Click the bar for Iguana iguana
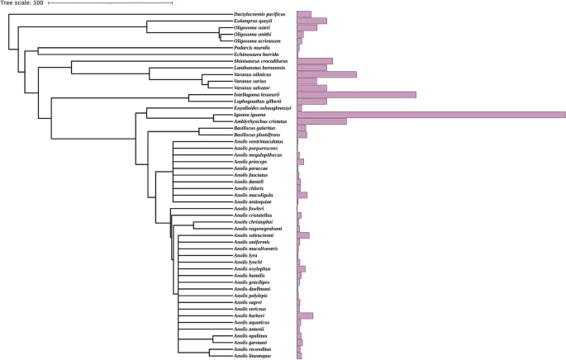click(x=430, y=115)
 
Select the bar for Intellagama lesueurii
click(x=356, y=94)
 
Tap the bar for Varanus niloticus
click(x=326, y=74)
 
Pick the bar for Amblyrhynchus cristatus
click(x=321, y=121)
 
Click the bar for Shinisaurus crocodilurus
click(x=315, y=61)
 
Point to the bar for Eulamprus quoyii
click(x=312, y=21)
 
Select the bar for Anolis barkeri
click(x=305, y=315)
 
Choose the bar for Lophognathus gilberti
click(x=312, y=101)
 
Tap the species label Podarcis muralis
click(x=252, y=48)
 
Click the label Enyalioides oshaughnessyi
click(x=263, y=108)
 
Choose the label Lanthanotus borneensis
click(x=262, y=68)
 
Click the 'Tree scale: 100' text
click(x=21, y=4)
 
